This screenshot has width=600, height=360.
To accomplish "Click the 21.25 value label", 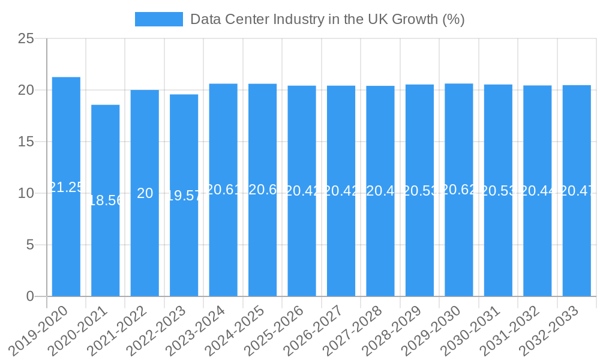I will (x=66, y=187).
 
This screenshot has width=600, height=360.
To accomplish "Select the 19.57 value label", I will (x=184, y=196).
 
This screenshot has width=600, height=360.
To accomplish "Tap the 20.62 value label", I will (x=459, y=190).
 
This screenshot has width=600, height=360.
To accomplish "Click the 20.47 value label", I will (x=577, y=191).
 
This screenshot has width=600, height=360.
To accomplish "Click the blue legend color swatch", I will (x=159, y=19).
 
